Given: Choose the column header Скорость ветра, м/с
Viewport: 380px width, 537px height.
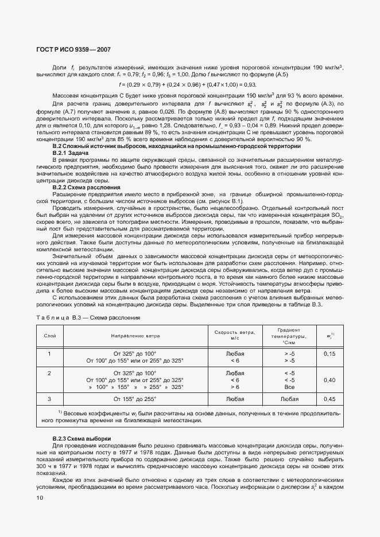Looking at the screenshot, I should coord(234,334).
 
